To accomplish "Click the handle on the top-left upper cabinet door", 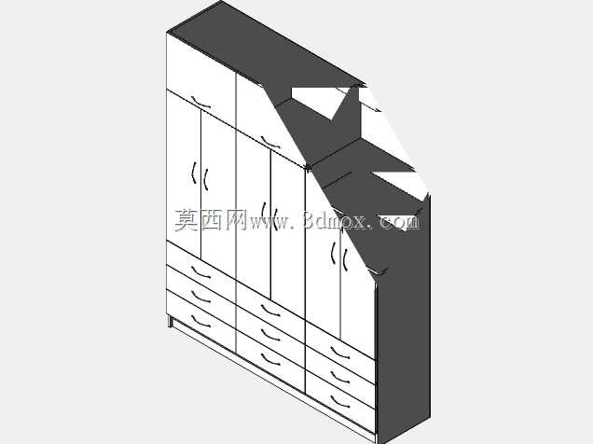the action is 200,103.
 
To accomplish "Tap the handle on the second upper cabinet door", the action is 270,142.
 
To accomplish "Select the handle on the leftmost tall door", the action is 194,173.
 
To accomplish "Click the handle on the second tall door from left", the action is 206,180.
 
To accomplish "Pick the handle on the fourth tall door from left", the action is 276,219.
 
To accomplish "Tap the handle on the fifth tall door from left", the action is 333,253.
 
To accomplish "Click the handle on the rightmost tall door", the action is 345,259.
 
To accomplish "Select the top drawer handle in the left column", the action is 200,272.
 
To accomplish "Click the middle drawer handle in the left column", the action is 200,297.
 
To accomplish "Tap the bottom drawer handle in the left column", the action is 200,321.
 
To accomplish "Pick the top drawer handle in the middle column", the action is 270,311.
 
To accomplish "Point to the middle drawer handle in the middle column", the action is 270,335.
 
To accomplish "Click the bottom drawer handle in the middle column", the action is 270,359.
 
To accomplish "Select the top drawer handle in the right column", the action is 340,353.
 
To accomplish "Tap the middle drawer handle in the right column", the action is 340,377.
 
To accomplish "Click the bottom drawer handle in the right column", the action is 340,401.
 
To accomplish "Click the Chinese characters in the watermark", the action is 211,220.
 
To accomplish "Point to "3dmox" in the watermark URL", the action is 336,220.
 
